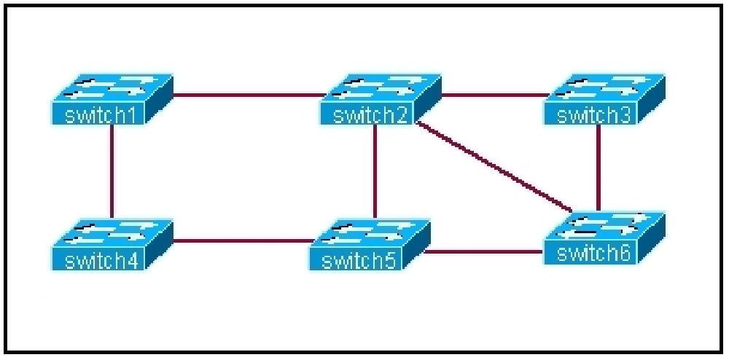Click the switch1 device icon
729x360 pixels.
(x=112, y=99)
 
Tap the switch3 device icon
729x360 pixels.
(x=604, y=99)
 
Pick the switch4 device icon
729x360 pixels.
(x=112, y=244)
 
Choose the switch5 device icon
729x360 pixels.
(x=370, y=245)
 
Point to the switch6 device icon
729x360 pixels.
(x=604, y=238)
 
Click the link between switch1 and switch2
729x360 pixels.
(x=249, y=95)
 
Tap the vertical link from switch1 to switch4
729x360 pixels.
(x=112, y=171)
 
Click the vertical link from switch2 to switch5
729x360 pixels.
(x=374, y=172)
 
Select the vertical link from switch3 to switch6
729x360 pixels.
(x=599, y=168)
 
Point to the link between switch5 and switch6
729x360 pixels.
(x=484, y=252)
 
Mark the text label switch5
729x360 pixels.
(x=359, y=261)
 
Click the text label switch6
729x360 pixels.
(x=593, y=254)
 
